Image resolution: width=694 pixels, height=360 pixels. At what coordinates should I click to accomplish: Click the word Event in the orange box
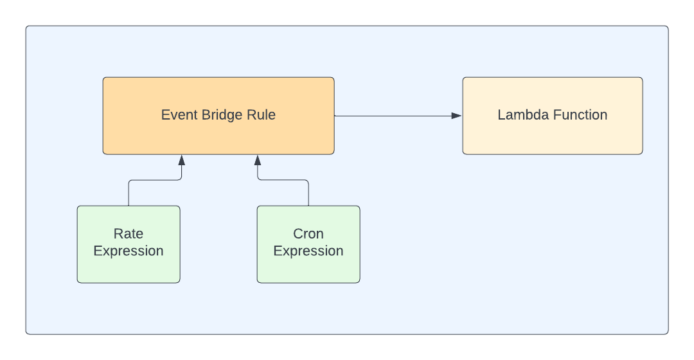[176, 116]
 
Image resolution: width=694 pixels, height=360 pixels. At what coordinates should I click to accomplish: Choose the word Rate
[129, 233]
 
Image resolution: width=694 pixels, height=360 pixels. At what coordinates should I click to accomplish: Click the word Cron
[308, 233]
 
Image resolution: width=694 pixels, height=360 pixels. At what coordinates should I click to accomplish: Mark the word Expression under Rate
[129, 251]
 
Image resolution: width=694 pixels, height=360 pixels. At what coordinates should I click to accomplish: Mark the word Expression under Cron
[308, 251]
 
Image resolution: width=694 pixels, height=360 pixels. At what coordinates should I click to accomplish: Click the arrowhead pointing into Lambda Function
[456, 116]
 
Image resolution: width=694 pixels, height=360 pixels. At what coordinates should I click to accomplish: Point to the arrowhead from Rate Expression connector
[181, 159]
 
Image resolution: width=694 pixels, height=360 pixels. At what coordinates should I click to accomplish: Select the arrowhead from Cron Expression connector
[258, 159]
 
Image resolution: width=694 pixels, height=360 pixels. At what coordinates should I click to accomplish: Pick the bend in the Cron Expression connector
[258, 181]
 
